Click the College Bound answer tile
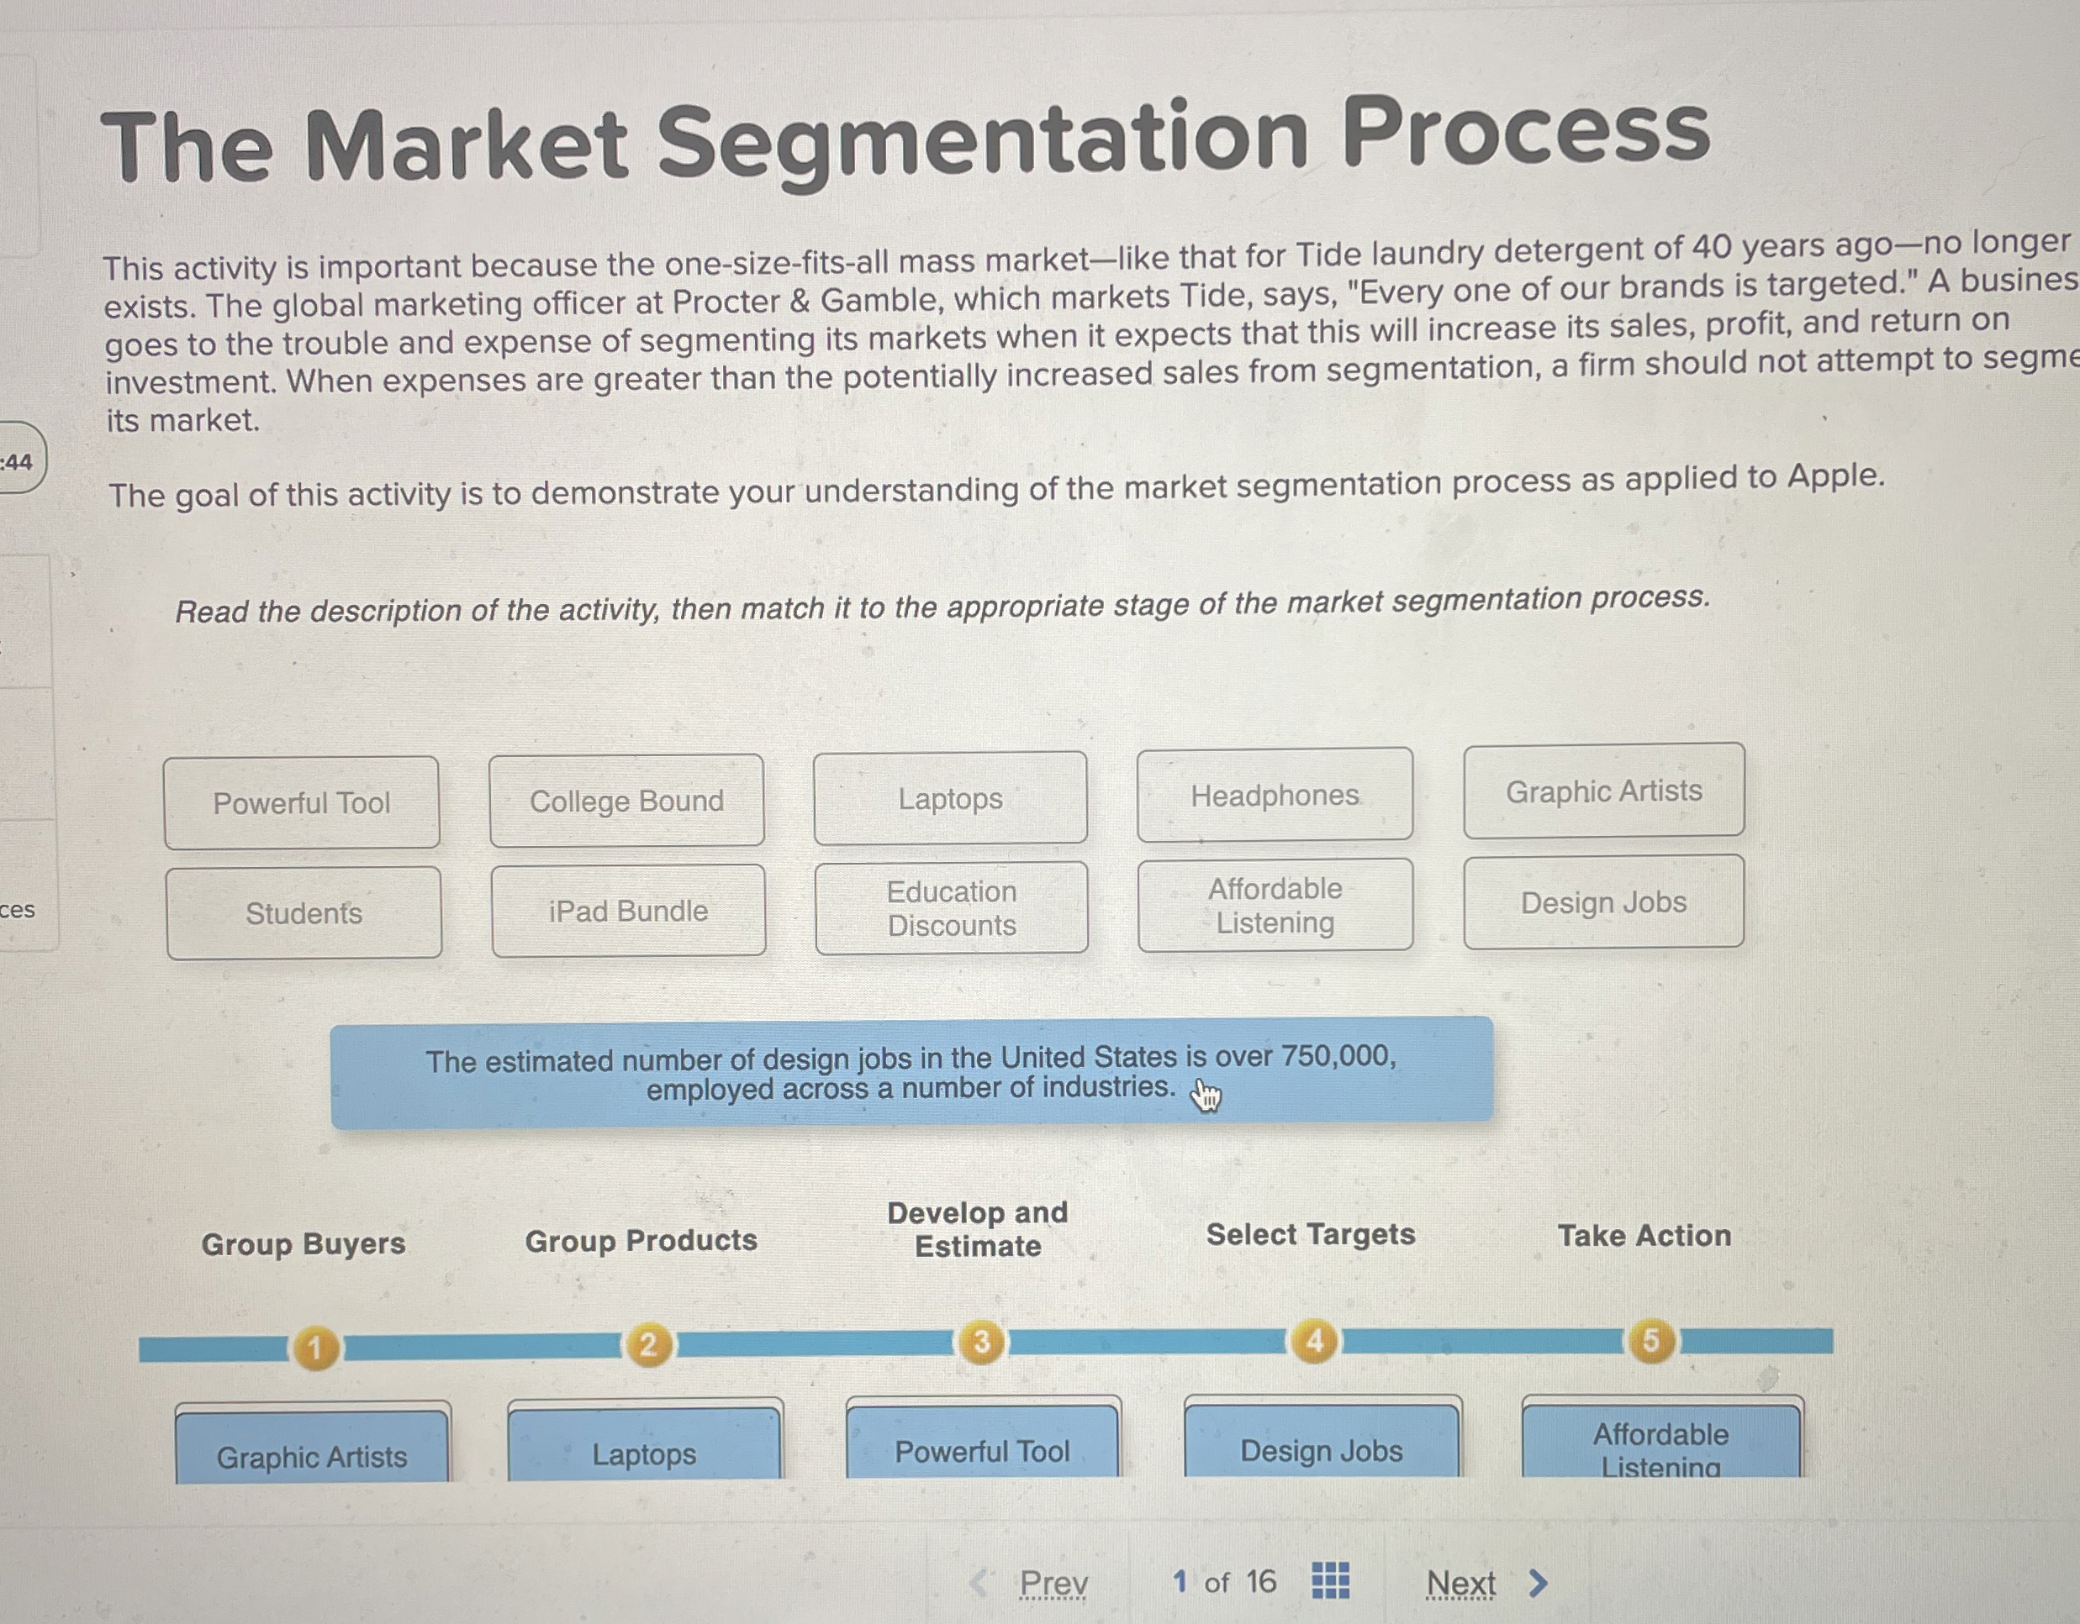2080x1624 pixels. click(626, 801)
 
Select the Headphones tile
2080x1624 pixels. click(1275, 795)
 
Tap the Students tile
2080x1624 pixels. click(304, 913)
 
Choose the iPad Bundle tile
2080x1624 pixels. click(629, 911)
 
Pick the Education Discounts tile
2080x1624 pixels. click(952, 908)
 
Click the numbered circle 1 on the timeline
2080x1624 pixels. click(315, 1348)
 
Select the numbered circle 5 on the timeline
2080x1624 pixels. click(1650, 1340)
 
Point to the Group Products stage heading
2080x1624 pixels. click(641, 1240)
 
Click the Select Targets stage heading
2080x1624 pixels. click(1311, 1235)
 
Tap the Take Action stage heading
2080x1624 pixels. click(1644, 1236)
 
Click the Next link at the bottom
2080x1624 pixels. click(1461, 1583)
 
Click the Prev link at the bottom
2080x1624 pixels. click(1053, 1583)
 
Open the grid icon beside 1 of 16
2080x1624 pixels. click(1329, 1580)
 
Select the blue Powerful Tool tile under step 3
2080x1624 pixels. click(982, 1451)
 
